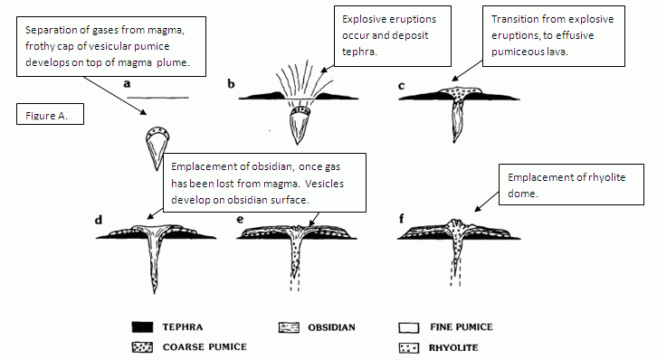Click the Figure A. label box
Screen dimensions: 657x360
click(51, 114)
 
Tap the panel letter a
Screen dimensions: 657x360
click(127, 84)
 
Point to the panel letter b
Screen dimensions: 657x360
click(231, 84)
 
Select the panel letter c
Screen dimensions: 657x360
click(402, 86)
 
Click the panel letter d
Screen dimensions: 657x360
click(99, 220)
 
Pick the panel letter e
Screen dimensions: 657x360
click(240, 220)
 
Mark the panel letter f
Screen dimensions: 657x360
click(402, 219)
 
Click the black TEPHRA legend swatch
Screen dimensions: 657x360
click(142, 327)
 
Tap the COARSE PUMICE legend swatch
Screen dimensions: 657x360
click(142, 347)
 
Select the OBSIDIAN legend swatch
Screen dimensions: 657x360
click(289, 327)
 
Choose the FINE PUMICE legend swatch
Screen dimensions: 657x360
click(409, 327)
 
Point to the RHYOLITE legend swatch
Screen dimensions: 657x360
click(409, 347)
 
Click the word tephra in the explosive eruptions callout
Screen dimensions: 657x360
click(359, 52)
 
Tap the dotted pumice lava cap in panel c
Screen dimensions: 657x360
click(461, 92)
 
